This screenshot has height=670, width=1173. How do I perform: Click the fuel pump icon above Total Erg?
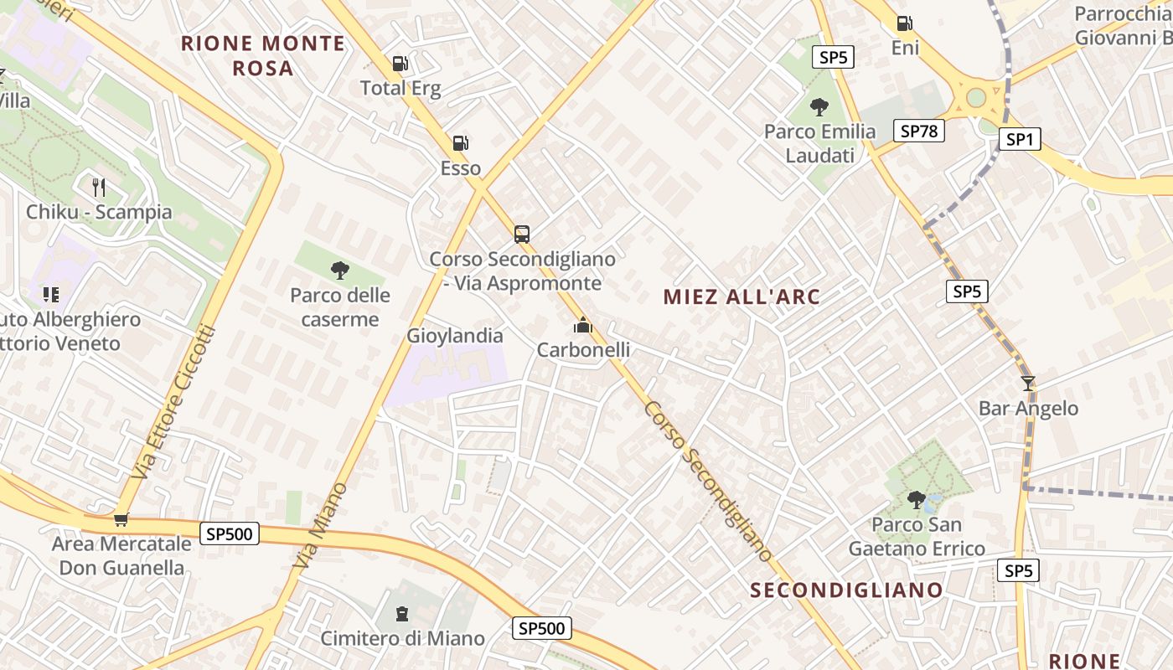click(400, 64)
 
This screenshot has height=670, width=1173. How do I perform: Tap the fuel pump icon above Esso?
click(460, 143)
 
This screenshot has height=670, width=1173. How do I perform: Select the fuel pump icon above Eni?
click(904, 23)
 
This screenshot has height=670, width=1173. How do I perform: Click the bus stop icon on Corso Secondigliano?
click(522, 234)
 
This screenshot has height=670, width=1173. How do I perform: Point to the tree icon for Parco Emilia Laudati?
click(819, 107)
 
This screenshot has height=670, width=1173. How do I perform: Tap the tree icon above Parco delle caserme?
click(339, 271)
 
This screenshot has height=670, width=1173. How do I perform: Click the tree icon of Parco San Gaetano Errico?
click(916, 500)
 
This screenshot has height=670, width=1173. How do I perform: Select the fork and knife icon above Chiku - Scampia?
click(99, 187)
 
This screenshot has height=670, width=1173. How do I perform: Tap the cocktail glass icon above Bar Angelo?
click(1028, 384)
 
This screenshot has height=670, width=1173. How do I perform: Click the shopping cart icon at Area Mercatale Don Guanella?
click(121, 519)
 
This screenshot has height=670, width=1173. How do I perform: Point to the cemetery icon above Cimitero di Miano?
click(402, 614)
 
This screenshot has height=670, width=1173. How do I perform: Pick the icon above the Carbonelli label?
click(583, 325)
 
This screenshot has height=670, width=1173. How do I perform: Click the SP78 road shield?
click(919, 131)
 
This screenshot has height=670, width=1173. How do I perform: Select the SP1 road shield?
click(1019, 139)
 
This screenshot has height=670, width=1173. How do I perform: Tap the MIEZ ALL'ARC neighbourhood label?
click(742, 296)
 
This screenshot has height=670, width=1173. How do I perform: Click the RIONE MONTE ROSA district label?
click(263, 55)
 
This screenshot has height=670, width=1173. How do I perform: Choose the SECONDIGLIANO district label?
click(846, 590)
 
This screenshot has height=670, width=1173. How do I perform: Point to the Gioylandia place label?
click(455, 336)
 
